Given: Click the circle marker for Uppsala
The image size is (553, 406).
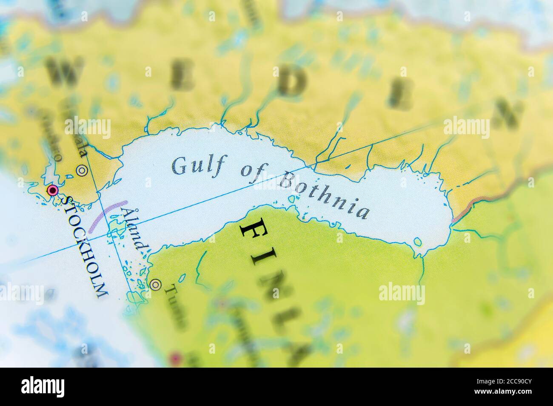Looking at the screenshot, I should [81, 171].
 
